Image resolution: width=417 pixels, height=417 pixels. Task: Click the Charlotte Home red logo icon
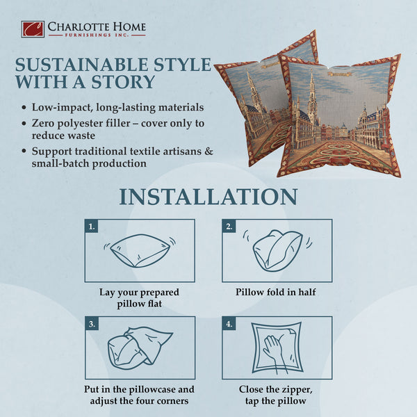coord(32,29)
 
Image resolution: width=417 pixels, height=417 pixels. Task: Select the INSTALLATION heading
coord(208,196)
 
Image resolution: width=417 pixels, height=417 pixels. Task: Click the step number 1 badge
coord(91,226)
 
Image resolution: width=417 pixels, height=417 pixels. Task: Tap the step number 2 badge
coord(229,226)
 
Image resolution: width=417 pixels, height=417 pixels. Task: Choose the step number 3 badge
coord(91,323)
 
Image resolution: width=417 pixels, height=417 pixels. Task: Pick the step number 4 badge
coord(229,323)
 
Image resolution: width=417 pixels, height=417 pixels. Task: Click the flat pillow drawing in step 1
coord(140,251)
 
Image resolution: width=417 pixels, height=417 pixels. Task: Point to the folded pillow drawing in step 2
coord(276,250)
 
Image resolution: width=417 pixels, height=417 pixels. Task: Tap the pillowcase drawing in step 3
coord(139,347)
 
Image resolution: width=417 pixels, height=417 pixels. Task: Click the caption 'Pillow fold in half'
coord(276,292)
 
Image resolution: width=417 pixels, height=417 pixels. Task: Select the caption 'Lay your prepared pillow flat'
coord(140,298)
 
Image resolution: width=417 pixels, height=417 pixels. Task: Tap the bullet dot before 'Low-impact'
coord(24,108)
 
